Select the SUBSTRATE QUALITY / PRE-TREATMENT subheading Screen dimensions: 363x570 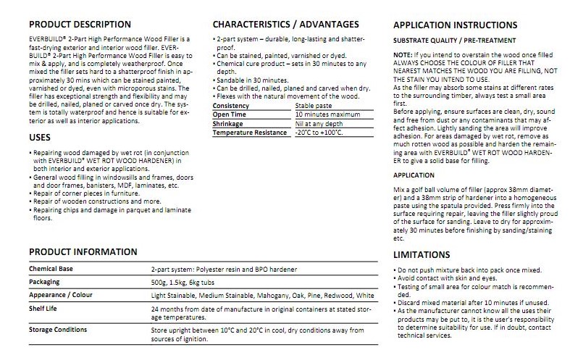(454, 41)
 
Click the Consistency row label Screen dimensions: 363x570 (231, 106)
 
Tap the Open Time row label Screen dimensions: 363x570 (230, 114)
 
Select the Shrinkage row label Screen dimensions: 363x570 (228, 123)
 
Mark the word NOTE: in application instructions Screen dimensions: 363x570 (402, 55)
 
